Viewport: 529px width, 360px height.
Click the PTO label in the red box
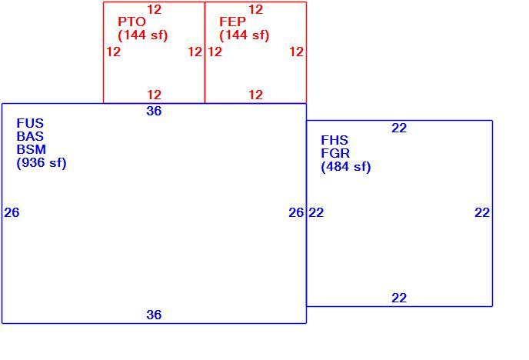point(131,22)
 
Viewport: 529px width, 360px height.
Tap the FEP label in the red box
point(232,22)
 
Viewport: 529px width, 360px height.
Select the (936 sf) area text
point(42,163)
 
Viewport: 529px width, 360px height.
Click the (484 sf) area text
point(346,167)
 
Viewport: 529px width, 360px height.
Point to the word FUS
point(30,123)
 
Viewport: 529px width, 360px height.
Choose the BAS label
point(30,136)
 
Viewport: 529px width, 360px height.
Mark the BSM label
point(31,149)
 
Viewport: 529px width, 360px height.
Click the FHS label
point(334,140)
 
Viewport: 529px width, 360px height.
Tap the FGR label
point(335,153)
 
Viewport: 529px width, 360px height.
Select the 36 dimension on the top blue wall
point(154,111)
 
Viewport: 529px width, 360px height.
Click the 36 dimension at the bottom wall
point(154,315)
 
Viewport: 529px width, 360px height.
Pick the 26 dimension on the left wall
point(12,212)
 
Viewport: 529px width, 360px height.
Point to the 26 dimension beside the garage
point(296,212)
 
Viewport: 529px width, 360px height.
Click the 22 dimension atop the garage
point(399,128)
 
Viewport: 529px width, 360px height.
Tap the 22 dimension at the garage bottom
point(399,298)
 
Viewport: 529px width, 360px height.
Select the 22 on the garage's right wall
point(482,212)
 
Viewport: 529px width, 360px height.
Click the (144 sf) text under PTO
point(143,35)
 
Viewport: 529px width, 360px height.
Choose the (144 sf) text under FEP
point(245,35)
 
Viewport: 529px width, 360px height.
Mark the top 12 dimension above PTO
point(155,9)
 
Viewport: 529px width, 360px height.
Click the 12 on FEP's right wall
point(297,52)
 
